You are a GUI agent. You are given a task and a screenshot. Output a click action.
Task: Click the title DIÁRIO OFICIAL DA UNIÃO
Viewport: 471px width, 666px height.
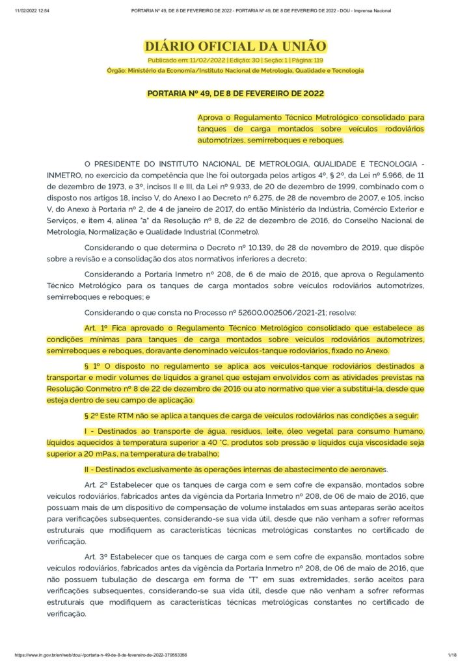235,46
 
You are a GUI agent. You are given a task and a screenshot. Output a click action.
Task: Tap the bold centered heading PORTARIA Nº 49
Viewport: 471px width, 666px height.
235,94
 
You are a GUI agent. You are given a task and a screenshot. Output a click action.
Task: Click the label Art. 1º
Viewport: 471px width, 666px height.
97,328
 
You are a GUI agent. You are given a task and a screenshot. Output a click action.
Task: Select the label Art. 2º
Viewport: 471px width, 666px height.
97,485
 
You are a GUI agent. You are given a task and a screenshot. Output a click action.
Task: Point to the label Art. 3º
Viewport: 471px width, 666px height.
97,557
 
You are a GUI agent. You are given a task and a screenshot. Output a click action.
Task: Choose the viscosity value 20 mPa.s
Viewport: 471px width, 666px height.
88,454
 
